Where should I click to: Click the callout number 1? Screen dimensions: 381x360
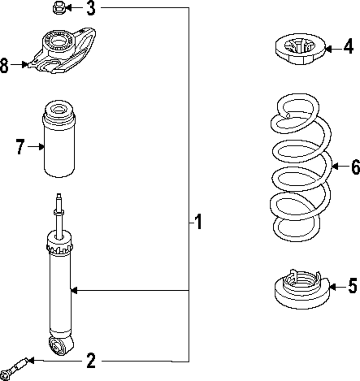click(x=198, y=223)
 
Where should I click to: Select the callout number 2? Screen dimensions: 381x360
click(x=91, y=360)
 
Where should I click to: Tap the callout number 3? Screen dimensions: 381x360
click(x=91, y=8)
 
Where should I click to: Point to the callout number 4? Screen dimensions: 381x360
click(x=348, y=47)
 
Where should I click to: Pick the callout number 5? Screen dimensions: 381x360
click(x=352, y=287)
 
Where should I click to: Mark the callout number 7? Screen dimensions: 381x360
click(x=20, y=147)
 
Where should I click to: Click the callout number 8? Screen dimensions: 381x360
click(x=4, y=65)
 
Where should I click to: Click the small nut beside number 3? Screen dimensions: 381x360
click(x=58, y=8)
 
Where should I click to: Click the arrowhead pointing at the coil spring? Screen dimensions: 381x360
click(x=334, y=166)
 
